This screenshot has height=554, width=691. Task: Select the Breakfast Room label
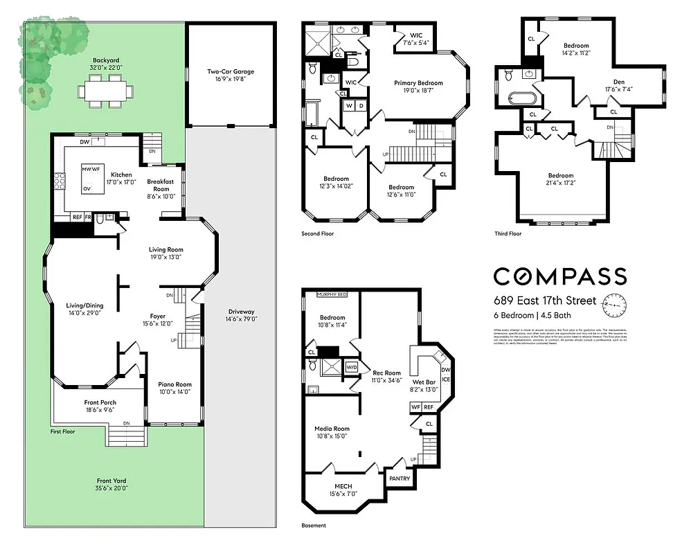[161, 184]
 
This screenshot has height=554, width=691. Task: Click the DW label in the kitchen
[84, 142]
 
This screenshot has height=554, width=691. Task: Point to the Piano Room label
[174, 384]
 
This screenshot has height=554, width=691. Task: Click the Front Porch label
[100, 402]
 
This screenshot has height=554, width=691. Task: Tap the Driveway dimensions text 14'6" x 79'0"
[240, 319]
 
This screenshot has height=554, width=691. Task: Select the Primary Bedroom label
[418, 83]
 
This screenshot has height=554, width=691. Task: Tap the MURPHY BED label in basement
[332, 294]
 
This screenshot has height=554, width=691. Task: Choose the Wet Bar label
[424, 382]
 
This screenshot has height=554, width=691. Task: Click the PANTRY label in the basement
[400, 479]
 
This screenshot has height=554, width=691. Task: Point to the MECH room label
[343, 485]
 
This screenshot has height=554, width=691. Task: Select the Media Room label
[332, 429]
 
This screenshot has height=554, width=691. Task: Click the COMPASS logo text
[559, 276]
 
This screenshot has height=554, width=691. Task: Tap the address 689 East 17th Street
[544, 301]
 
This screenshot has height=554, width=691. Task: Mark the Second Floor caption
[317, 234]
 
